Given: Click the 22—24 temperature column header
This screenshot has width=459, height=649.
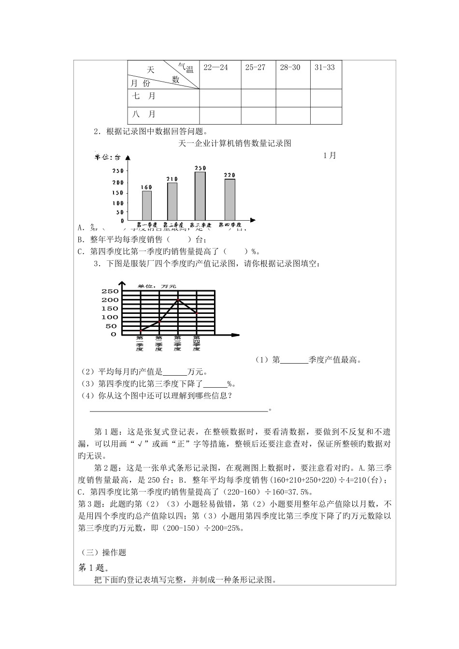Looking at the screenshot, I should pyautogui.click(x=215, y=68).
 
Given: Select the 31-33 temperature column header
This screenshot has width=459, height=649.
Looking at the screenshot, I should pyautogui.click(x=325, y=68).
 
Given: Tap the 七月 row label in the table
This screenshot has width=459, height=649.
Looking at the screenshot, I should pyautogui.click(x=144, y=97).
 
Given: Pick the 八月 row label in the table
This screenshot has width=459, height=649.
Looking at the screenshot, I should pyautogui.click(x=144, y=114).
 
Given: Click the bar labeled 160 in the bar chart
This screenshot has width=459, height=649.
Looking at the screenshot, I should pyautogui.click(x=146, y=205).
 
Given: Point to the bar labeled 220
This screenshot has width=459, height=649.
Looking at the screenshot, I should pyautogui.click(x=229, y=199).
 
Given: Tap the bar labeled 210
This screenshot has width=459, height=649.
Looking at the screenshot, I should pyautogui.click(x=172, y=201).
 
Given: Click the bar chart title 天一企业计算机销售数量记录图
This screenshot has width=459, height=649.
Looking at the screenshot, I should pyautogui.click(x=235, y=143).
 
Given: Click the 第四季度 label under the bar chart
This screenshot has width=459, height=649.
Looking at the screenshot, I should pyautogui.click(x=230, y=225).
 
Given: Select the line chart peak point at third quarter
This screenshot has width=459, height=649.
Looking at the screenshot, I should pyautogui.click(x=178, y=299).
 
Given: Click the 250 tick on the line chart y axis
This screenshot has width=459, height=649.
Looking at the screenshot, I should pyautogui.click(x=110, y=291).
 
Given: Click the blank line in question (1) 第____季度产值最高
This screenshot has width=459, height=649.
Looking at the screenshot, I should pyautogui.click(x=294, y=360).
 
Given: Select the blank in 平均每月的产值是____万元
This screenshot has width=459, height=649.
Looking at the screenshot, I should pyautogui.click(x=174, y=372).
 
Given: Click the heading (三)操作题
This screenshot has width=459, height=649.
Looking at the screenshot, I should pyautogui.click(x=102, y=552).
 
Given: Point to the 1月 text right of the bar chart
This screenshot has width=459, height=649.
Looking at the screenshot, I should pyautogui.click(x=330, y=155).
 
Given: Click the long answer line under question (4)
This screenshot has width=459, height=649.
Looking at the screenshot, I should pyautogui.click(x=179, y=410).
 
